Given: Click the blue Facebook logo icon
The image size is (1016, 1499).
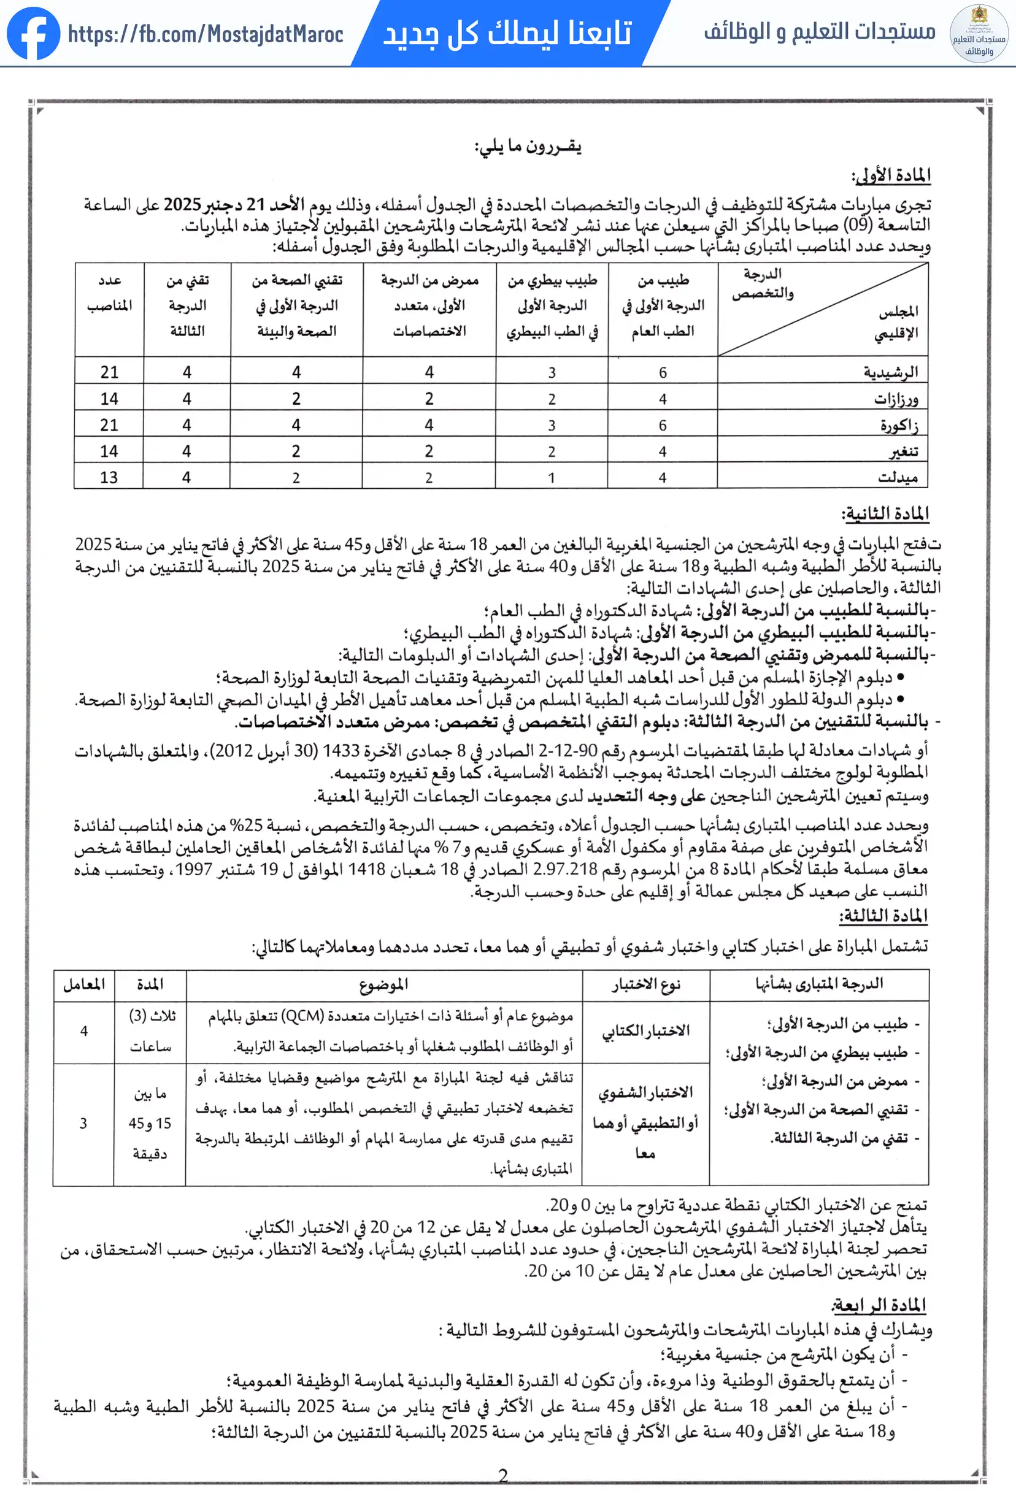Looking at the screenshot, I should pos(34,34).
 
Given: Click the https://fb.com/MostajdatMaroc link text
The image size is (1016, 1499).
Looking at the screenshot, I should pos(205,34).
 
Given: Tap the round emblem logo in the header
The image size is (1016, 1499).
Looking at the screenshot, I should pos(979,34).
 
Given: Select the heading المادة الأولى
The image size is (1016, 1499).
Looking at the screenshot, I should pos(891,175).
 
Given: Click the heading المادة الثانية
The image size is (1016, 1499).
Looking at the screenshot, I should pos(885,513).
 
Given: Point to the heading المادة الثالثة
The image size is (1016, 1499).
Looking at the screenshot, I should pos(883,915).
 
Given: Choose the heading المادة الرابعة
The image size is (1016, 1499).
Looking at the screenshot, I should pos(879,1305).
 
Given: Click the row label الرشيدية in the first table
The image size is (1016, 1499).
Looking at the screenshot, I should pos(890,372).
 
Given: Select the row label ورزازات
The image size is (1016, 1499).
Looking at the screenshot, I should pos(896,399).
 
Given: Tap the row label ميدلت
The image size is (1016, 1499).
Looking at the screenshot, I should pos(896,477).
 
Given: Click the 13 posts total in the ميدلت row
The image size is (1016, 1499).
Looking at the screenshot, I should pos(109,477).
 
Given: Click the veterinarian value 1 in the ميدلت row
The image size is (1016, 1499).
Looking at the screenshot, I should pos(551,478).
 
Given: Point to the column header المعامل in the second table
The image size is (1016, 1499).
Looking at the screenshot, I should pos(84,984).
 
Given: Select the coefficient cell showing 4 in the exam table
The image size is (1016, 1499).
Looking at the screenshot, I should pos(84,1031).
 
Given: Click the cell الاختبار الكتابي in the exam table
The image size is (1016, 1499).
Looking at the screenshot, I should pos(645,1031).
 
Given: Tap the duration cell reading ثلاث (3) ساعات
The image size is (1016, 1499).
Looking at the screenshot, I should pos(150,1031).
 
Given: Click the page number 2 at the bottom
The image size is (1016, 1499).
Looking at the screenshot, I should pos(503,1474).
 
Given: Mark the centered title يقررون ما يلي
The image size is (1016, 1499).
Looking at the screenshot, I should pos(528,147).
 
